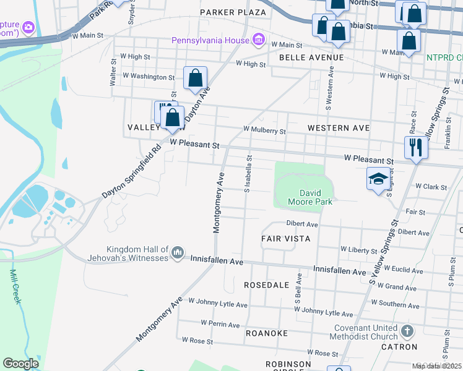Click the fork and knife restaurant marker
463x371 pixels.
[415, 148]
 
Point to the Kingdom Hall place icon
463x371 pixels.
[178, 252]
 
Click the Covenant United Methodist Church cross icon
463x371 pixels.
[407, 331]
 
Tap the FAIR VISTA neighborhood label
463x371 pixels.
[285, 238]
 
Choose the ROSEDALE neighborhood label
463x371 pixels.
[267, 285]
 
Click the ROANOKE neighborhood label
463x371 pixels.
[267, 333]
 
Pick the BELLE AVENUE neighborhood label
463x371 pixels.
[311, 58]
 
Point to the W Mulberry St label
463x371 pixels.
[264, 130]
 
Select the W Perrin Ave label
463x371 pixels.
[220, 324]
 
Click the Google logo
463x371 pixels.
[21, 364]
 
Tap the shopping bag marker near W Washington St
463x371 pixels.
[195, 79]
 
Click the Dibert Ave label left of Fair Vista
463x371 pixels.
[301, 224]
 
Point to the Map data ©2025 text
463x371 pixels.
[436, 366]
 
